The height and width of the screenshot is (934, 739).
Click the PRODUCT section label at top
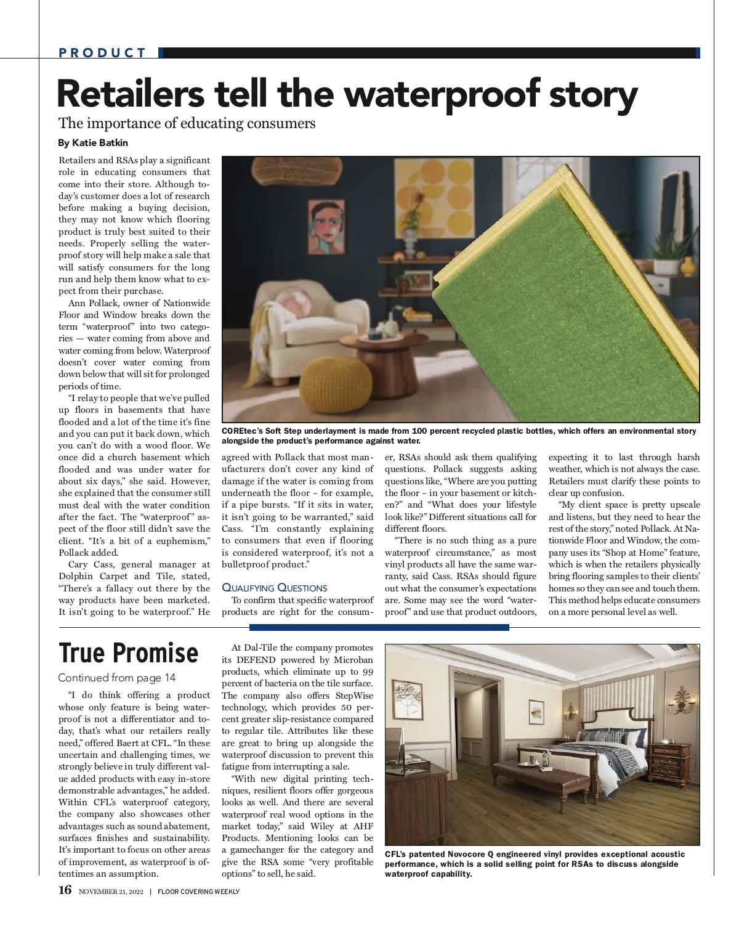pyautogui.click(x=103, y=53)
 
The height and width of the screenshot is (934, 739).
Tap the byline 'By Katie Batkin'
pyautogui.click(x=93, y=143)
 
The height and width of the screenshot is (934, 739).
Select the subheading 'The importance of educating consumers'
pyautogui.click(x=187, y=123)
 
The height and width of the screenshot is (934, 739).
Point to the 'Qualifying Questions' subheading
pyautogui.click(x=274, y=588)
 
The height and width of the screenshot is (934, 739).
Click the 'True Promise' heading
pyautogui.click(x=128, y=652)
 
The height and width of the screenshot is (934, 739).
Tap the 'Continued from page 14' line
pyautogui.click(x=116, y=678)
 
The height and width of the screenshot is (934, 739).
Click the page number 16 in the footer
pyautogui.click(x=65, y=890)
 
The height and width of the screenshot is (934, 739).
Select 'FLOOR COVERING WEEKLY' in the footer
pyautogui.click(x=198, y=891)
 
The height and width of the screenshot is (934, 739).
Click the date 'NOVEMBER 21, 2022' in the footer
pyautogui.click(x=111, y=891)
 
